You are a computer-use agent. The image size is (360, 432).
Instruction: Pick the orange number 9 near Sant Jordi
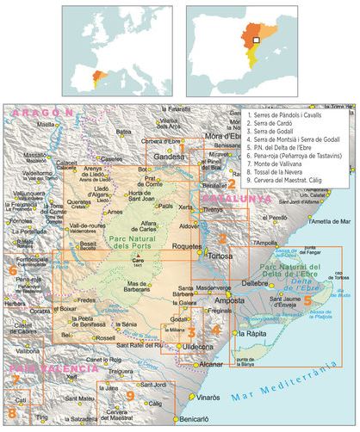(129, 395)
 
